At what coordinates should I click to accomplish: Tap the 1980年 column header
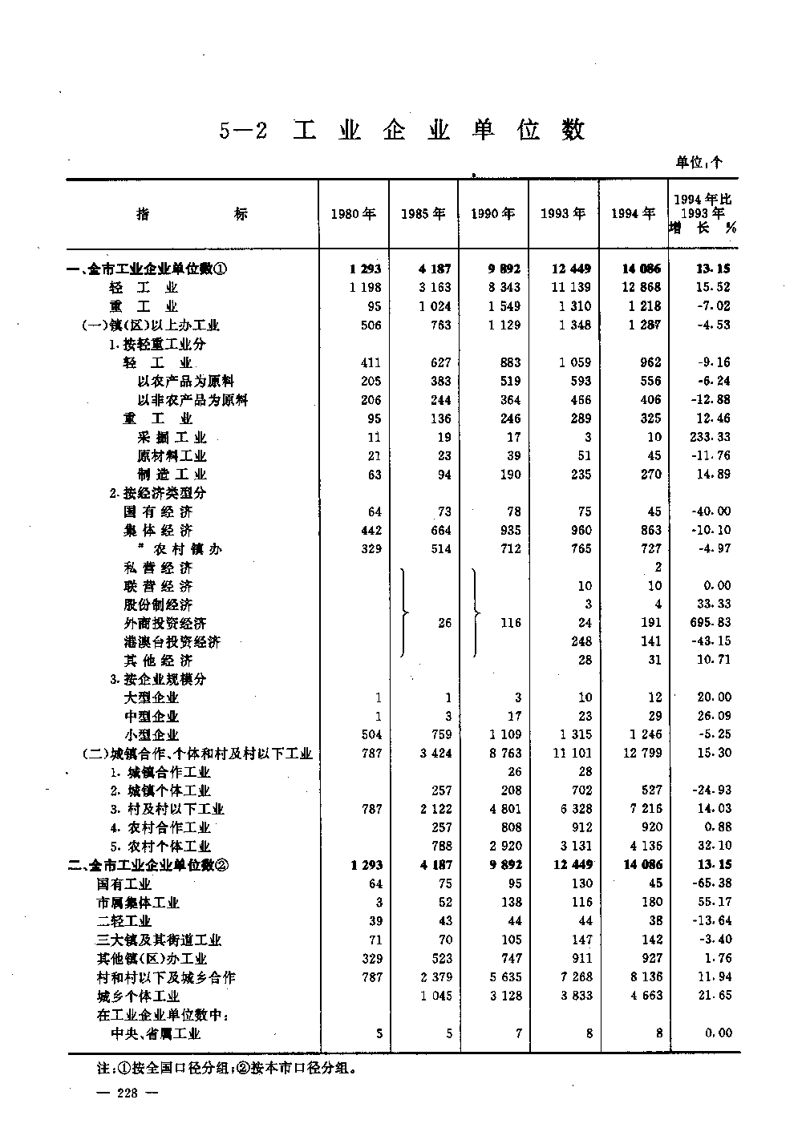point(354,213)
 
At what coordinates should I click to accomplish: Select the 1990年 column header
point(493,213)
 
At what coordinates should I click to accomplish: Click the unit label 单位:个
point(699,162)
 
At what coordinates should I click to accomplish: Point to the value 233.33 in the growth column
point(712,437)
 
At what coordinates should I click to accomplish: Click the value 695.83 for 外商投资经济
point(712,623)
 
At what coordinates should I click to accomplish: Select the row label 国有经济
point(158,511)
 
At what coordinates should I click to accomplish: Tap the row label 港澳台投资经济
point(172,641)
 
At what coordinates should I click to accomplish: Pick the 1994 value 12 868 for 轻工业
point(639,287)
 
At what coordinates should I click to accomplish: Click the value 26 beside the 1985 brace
point(444,623)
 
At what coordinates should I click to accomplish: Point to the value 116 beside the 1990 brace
point(511,623)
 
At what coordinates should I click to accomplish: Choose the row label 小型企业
point(151,734)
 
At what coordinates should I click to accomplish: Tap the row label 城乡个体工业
point(137,996)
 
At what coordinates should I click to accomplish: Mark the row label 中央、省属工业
point(155,1033)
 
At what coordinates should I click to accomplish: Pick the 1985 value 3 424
point(435,753)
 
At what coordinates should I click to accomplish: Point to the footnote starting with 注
point(225,1068)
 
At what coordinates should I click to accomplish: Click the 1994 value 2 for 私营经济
point(658,567)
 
